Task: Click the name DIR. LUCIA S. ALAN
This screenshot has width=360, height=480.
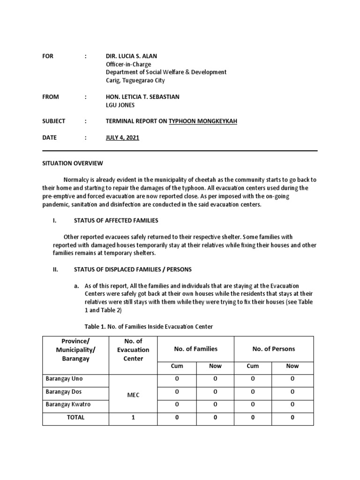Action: click(133, 56)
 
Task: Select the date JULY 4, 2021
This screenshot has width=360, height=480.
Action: click(122, 138)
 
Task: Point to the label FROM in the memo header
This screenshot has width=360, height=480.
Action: click(51, 97)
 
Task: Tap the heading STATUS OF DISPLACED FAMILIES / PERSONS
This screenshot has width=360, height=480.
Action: click(133, 270)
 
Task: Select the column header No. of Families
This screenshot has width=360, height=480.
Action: click(195, 349)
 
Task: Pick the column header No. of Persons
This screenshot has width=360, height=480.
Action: click(273, 349)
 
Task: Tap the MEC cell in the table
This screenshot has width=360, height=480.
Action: click(134, 395)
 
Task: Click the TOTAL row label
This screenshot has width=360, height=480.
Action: click(75, 417)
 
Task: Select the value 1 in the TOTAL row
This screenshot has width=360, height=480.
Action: click(134, 417)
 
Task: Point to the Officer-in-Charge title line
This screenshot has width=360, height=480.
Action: click(128, 64)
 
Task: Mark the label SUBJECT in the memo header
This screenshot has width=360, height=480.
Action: click(54, 121)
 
